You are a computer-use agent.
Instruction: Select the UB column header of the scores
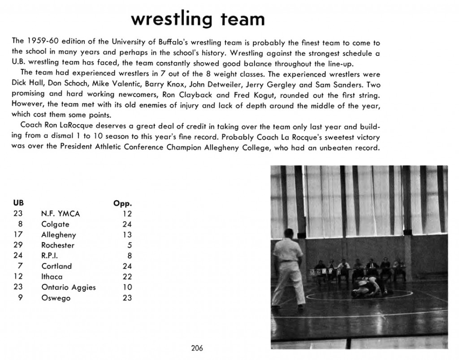(18, 203)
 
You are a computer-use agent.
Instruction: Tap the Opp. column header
(123, 204)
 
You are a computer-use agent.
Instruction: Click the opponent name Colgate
(55, 224)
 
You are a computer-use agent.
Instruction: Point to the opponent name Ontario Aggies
(68, 287)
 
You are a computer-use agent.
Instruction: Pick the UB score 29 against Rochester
(18, 245)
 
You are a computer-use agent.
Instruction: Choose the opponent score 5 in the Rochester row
(129, 245)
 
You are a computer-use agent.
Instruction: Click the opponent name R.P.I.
(50, 256)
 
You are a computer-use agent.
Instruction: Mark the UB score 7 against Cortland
(20, 266)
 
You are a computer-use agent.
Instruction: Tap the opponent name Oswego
(56, 298)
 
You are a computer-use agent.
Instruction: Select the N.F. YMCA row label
(60, 214)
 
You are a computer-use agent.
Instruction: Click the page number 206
(197, 348)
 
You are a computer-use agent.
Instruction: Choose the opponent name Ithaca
(52, 277)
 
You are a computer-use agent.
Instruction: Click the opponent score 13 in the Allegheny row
(127, 235)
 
